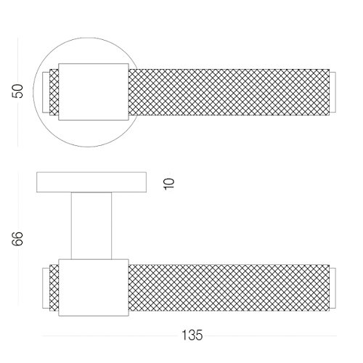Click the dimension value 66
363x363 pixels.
[x=17, y=239]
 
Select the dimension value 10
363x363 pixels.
[x=169, y=184]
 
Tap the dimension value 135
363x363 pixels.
[x=192, y=335]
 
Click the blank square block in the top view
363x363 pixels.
[x=94, y=92]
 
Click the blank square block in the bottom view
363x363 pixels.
[x=94, y=287]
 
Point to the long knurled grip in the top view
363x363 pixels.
[x=229, y=92]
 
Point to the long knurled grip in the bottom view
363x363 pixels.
[x=229, y=287]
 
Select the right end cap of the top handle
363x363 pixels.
[x=333, y=92]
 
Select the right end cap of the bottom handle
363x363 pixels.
[x=333, y=288]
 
